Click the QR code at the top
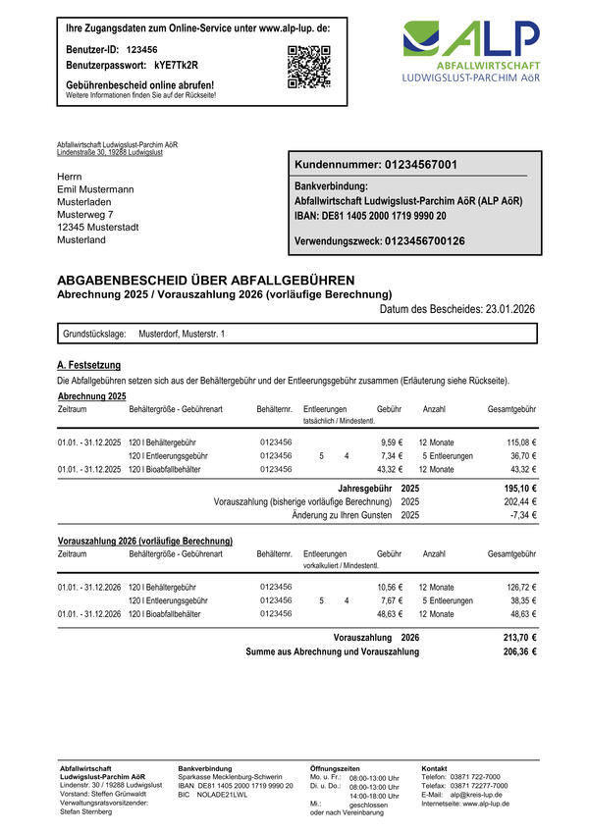pos(308,67)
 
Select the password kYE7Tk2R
pos(176,65)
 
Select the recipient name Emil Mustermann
pos(96,188)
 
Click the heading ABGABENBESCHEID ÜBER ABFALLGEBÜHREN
pos(206,280)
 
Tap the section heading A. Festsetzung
pos(91,366)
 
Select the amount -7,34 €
pos(521,514)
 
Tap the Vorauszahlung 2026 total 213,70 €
pos(519,637)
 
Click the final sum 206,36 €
pos(519,651)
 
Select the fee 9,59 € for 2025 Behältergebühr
pos(393,443)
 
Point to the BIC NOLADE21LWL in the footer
pos(222,795)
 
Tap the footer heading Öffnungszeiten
pos(335,768)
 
